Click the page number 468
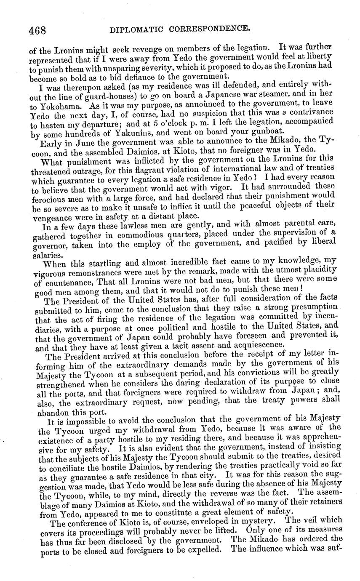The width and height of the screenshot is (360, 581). click(37, 31)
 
